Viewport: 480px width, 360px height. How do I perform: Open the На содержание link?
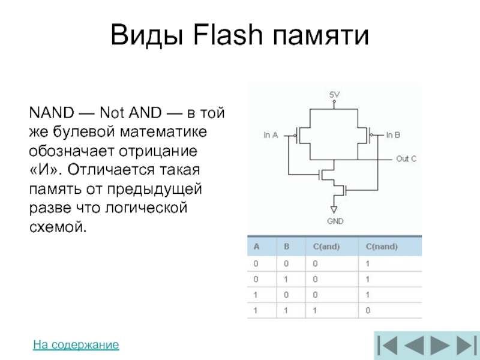tap(76, 345)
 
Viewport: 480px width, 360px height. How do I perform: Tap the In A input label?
tap(271, 136)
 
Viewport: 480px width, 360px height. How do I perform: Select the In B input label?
tap(393, 135)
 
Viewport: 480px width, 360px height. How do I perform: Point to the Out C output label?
tap(406, 159)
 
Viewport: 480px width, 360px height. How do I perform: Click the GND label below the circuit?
tap(335, 221)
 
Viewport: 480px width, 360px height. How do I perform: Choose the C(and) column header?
tap(326, 247)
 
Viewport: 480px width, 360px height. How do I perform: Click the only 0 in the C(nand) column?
tap(368, 310)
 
